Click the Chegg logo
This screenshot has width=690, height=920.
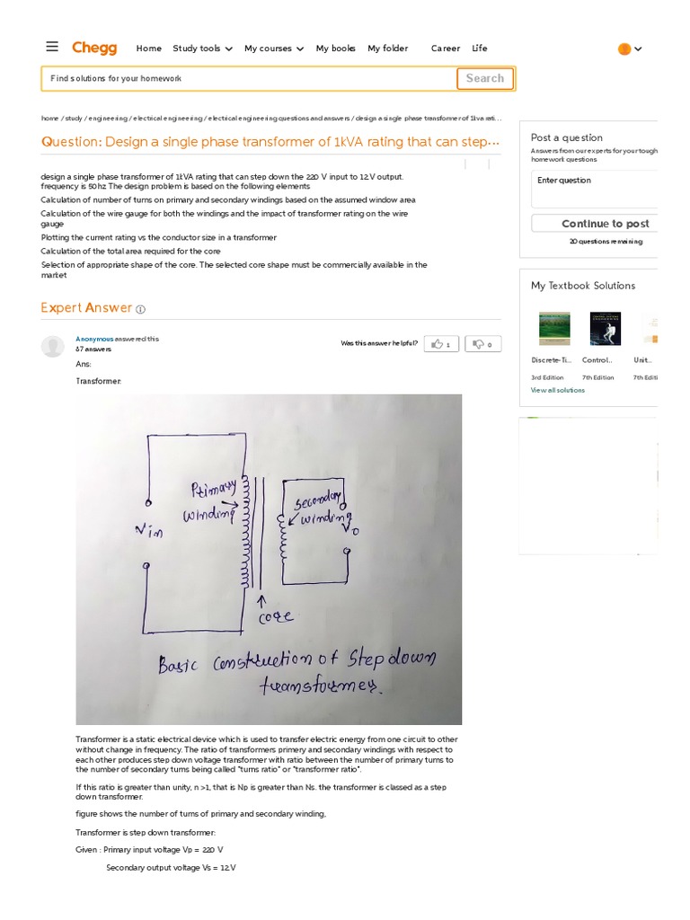coord(93,48)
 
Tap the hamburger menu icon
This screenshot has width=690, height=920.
coord(52,47)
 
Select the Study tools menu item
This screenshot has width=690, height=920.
coord(202,49)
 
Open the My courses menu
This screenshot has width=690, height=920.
coord(273,49)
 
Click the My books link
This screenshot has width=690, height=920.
coord(335,49)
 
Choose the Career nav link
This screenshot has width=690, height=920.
coord(445,49)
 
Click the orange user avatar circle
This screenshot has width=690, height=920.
coord(624,49)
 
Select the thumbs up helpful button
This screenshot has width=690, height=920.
coord(441,343)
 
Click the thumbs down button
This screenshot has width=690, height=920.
coord(482,343)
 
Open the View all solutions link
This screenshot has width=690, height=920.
coord(557,390)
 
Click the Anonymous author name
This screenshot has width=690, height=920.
coord(94,339)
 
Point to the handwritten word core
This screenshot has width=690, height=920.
coord(275,617)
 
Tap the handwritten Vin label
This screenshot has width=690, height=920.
coord(149,532)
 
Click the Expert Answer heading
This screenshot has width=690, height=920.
coord(86,308)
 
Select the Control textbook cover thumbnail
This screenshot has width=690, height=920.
coord(605,329)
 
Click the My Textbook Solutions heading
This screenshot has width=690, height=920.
coord(582,286)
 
